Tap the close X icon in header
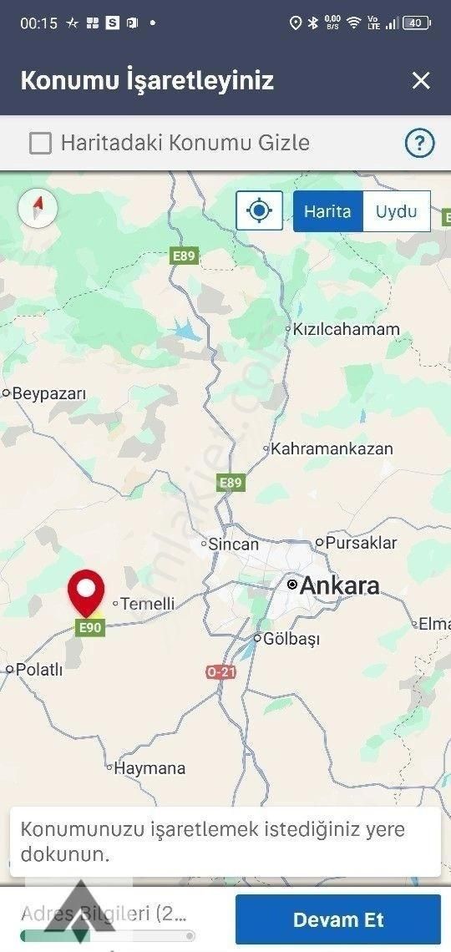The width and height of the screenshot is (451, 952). pos(421,80)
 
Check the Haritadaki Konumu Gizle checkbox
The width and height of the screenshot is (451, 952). pos(40,144)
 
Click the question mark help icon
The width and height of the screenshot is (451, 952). pos(419,144)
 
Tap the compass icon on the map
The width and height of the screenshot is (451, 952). pos(38,207)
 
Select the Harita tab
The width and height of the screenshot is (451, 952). pos(327,211)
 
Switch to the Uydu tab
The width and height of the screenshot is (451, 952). pos(396,211)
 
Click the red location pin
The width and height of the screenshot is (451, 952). pos(86,591)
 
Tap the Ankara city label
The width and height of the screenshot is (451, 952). pos(338,585)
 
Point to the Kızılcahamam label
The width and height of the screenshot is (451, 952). pos(346,329)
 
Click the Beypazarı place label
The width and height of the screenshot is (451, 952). pos(49,393)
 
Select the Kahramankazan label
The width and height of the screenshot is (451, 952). pos(332,448)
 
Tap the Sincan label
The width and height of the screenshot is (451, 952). pos(233,544)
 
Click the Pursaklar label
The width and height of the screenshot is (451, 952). pos(361,543)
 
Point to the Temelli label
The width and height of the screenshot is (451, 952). pos(148,603)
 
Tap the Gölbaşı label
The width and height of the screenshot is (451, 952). pos(291,639)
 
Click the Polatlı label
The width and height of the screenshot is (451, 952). pos(39,669)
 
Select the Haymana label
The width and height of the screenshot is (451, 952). pos(149,767)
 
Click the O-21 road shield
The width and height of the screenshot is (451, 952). pos(220,671)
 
